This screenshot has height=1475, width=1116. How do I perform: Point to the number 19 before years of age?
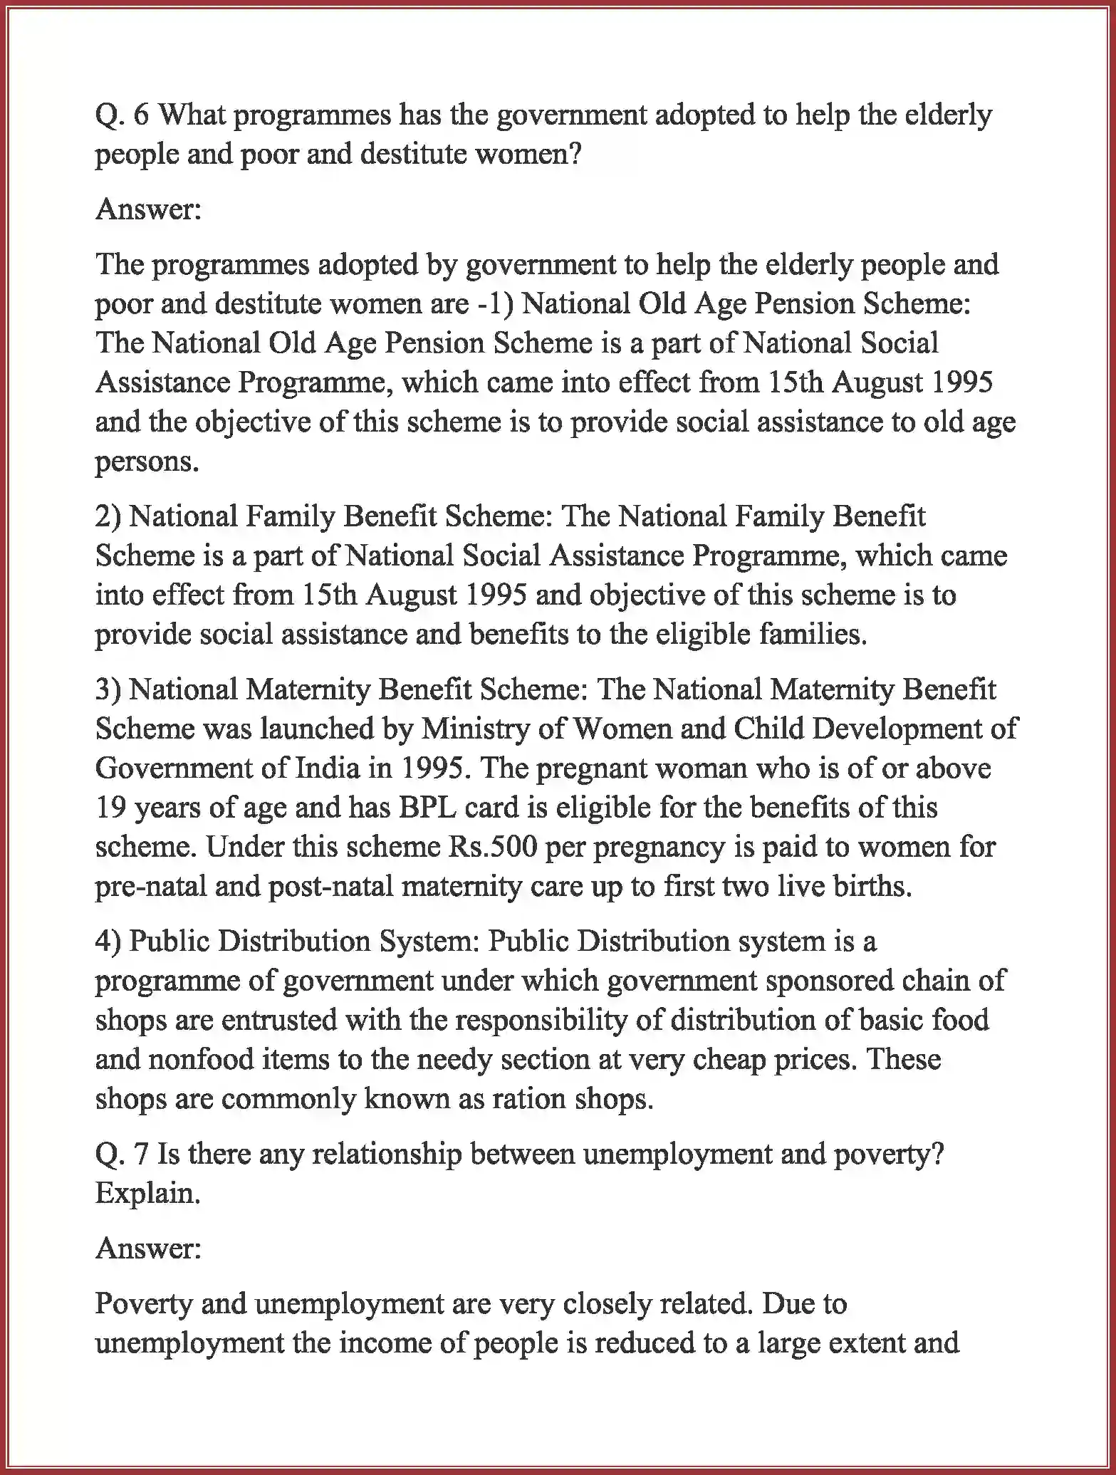click(x=110, y=808)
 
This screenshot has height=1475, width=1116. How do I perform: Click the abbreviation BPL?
click(x=428, y=808)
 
